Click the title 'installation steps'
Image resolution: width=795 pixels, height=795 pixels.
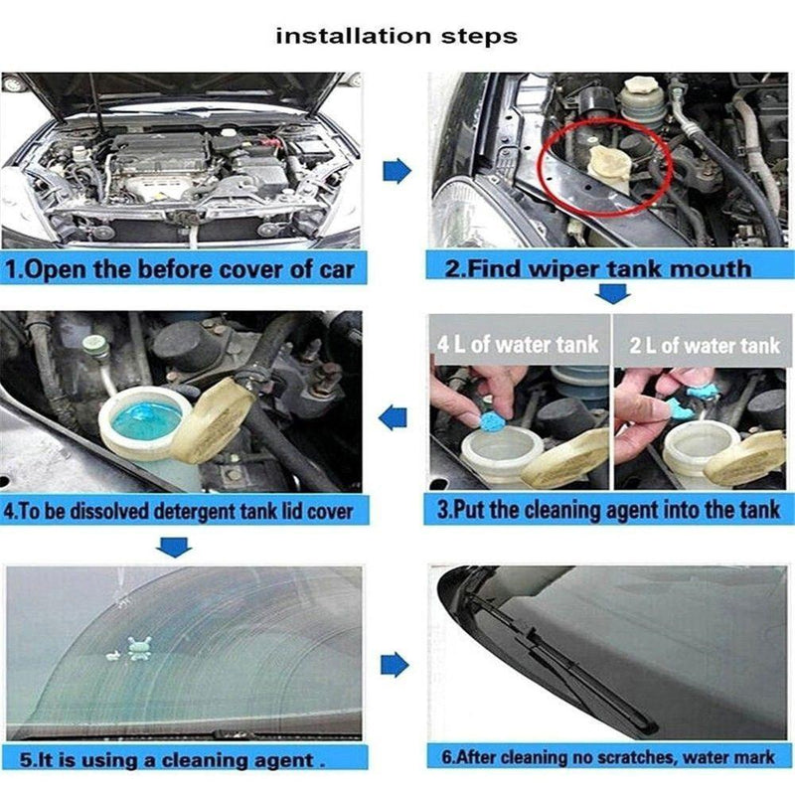click(x=397, y=37)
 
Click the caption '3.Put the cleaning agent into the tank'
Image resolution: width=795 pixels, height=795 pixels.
click(x=607, y=511)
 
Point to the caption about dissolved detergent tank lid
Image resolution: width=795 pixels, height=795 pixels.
click(x=178, y=512)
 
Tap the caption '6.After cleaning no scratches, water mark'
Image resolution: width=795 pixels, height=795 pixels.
click(x=607, y=757)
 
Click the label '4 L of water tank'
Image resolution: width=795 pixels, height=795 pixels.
click(x=518, y=345)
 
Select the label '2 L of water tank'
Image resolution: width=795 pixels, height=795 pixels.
click(x=706, y=345)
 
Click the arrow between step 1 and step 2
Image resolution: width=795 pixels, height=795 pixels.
click(x=397, y=171)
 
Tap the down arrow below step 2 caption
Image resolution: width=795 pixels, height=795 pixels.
click(x=613, y=294)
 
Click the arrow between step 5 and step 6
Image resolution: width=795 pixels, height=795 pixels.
click(x=396, y=664)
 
